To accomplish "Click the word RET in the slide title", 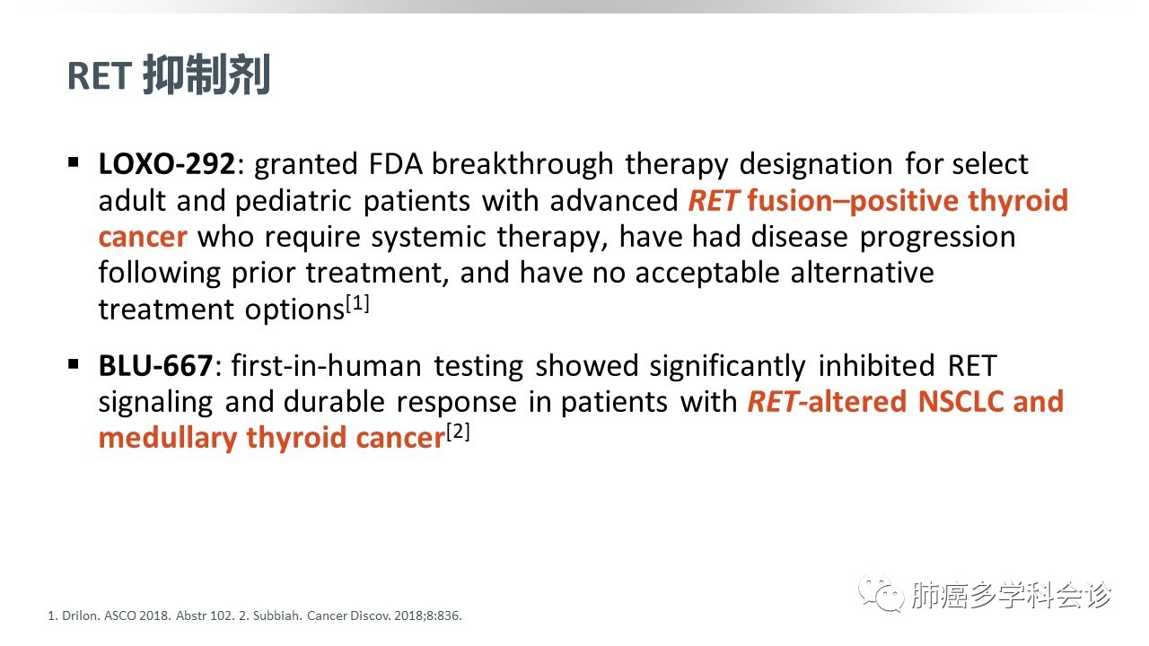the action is point(100,76).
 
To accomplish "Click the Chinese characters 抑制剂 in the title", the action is point(206,74).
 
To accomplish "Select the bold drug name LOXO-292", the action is point(167,164).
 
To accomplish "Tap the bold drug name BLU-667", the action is point(155,365).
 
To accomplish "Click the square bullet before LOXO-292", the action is point(74,162).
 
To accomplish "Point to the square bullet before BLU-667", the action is point(74,364).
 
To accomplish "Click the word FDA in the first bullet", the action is point(396,164).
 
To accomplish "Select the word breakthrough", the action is point(522,164).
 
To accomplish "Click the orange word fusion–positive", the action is point(852,200).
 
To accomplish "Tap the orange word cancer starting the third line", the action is point(143,238).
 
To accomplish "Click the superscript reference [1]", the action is point(357,303).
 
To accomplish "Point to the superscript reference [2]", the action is point(458,432).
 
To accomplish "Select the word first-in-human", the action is point(326,365).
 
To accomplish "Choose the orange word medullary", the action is point(168,439).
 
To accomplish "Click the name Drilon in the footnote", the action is point(81,615).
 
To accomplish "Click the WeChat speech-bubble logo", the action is point(881,593).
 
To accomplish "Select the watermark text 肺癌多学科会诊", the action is point(1011,595).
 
